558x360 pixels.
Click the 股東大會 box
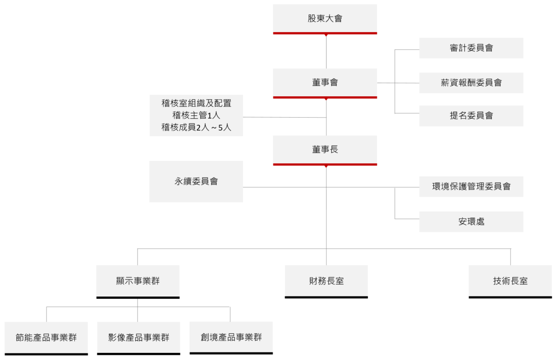coord(325,19)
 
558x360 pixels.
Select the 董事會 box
coord(325,83)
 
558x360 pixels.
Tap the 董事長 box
coord(325,149)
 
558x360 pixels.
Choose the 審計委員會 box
coord(471,48)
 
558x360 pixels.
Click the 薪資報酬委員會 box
coord(471,83)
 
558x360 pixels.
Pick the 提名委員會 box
coord(471,116)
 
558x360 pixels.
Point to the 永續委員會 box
coord(196,181)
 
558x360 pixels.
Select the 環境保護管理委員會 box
coord(471,186)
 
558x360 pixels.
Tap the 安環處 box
coord(471,222)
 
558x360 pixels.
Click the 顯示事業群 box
coord(137,281)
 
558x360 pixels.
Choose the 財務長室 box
coord(326,281)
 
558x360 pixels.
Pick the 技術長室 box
coord(510,281)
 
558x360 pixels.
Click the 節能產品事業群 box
coord(46,338)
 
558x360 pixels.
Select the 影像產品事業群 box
coord(138,338)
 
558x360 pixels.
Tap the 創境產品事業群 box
coord(231,338)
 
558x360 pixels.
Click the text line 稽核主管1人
coord(196,115)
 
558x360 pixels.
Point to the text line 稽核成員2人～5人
coord(196,127)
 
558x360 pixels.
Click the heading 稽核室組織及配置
coord(196,102)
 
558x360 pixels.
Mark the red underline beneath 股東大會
coord(325,33)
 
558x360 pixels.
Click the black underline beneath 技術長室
coord(510,297)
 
